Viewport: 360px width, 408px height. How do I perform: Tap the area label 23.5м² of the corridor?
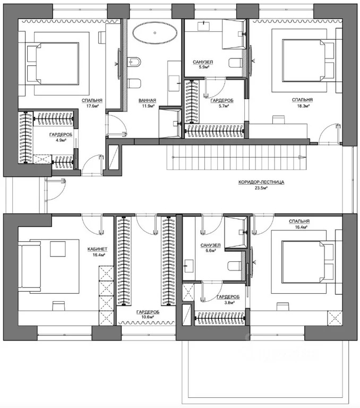coord(262,188)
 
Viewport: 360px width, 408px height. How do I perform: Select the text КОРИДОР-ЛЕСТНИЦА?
coord(262,182)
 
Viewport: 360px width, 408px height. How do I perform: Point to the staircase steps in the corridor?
coord(236,157)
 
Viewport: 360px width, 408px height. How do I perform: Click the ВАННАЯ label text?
coord(147,100)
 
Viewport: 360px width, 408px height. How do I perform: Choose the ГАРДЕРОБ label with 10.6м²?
coord(146,312)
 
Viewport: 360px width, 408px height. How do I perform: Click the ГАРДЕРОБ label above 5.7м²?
coord(219,100)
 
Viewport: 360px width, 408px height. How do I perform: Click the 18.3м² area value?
coord(302,106)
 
